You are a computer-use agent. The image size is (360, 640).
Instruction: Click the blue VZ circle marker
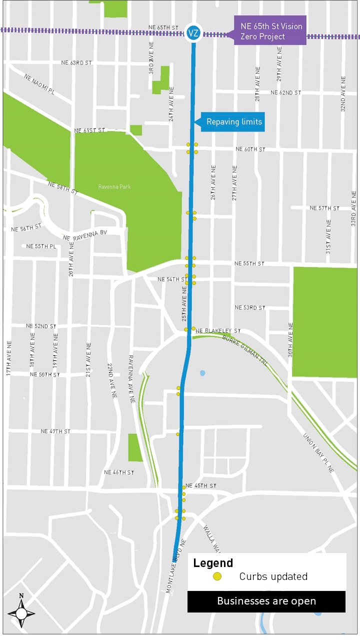[193, 33]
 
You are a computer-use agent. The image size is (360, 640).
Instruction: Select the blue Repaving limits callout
[232, 122]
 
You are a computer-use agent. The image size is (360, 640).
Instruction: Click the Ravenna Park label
[114, 187]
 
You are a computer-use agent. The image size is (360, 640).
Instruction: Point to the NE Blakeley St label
[218, 331]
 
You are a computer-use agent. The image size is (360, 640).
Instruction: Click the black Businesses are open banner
[266, 601]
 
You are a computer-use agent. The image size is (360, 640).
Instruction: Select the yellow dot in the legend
[217, 576]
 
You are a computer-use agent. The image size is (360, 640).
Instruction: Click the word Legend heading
[213, 563]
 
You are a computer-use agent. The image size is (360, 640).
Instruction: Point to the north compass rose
[21, 612]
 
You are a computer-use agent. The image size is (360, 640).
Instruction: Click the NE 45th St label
[201, 486]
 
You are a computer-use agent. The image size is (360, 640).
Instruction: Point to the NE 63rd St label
[77, 63]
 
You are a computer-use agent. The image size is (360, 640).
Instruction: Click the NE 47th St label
[55, 431]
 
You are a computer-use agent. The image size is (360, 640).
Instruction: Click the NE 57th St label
[324, 208]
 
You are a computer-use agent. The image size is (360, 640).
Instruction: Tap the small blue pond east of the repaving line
[202, 373]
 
